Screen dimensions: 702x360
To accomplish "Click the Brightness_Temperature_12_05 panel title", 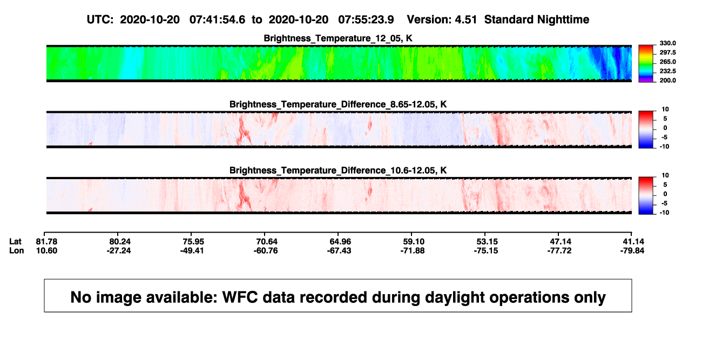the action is pos(338,38).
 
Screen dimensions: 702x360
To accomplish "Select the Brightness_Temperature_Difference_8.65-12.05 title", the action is pos(338,104).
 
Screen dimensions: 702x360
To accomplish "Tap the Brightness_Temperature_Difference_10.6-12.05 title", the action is pos(338,171).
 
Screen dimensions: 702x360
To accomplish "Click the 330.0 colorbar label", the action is pos(667,43).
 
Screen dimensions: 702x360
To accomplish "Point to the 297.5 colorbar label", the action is pos(667,53).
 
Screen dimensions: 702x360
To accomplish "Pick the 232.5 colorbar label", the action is pos(667,71).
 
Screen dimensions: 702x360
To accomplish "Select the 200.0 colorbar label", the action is pos(667,80).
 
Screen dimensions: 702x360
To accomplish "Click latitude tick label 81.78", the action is pos(46,242).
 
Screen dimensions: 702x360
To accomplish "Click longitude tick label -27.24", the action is pos(119,250).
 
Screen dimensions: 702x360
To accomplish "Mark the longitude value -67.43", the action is pos(339,250).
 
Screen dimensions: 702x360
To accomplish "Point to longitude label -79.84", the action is pos(632,250).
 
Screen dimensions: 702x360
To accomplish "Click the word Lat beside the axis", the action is pos(15,242).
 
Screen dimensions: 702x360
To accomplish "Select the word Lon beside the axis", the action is pos(16,250).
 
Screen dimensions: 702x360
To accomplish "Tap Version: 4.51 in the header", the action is pos(442,20).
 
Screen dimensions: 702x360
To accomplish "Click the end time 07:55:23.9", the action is pos(366,20).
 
